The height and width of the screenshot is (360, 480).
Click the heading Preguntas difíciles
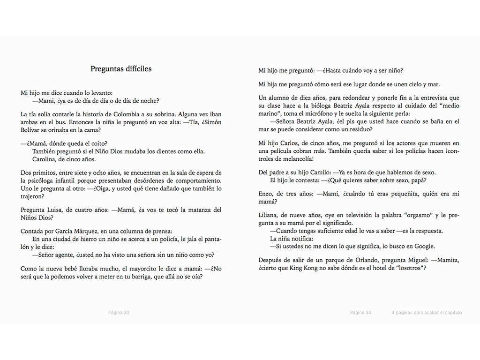[x=121, y=69]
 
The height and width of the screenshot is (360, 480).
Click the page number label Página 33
[x=119, y=313]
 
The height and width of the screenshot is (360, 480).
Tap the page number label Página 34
[x=360, y=313]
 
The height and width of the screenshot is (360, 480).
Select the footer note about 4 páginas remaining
[x=427, y=313]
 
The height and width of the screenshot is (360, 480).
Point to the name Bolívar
[x=31, y=130]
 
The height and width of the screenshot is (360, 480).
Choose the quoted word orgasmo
[x=416, y=215]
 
